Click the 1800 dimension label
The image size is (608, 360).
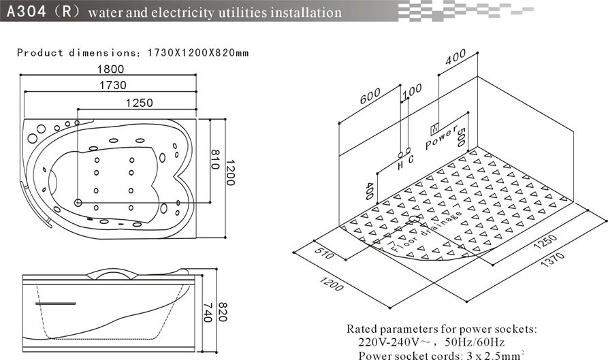pos(110,69)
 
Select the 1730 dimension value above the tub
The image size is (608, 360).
pos(113,85)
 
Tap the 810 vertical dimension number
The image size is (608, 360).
pos(215,159)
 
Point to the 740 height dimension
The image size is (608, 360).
pos(208,312)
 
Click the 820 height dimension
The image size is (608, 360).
pos(222,312)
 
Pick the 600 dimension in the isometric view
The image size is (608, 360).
pos(370,96)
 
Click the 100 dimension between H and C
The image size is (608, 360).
pos(412,91)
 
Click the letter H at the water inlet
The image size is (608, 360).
pos(401,165)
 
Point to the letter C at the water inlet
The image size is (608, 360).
pos(411,159)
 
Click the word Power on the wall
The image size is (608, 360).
pos(442,137)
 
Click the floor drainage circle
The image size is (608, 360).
pos(414,219)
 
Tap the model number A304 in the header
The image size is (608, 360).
pos(27,12)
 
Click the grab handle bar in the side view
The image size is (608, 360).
pos(55,304)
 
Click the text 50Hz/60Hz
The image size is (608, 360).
pos(475,342)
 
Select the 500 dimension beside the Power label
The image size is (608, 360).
pos(461,137)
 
